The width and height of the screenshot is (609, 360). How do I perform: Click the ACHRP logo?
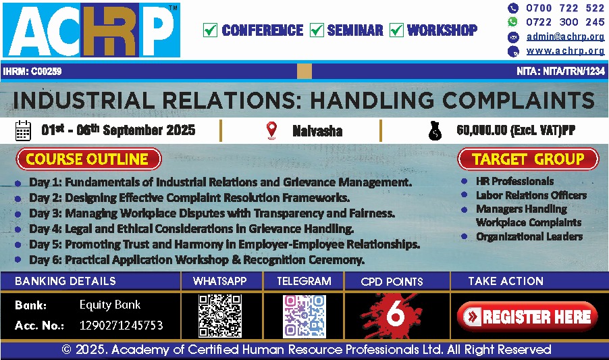tap(91, 30)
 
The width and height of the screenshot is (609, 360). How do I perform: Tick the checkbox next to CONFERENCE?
tap(210, 30)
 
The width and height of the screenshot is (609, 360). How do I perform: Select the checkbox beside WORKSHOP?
tap(396, 30)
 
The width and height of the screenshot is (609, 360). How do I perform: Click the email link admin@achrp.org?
tap(565, 36)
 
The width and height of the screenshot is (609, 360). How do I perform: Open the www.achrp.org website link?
tap(565, 51)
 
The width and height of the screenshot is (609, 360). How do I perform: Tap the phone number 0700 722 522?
tap(565, 8)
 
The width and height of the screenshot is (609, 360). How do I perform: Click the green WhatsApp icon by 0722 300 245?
tap(513, 22)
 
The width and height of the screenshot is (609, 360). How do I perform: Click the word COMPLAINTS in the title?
tap(519, 100)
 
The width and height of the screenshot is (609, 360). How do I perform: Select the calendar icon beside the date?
tap(23, 130)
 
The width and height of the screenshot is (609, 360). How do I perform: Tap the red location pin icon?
tap(271, 130)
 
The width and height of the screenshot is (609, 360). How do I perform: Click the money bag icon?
tap(435, 131)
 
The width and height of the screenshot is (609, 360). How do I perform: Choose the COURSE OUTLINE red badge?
tap(88, 159)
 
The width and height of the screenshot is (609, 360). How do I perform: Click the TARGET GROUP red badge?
tap(528, 159)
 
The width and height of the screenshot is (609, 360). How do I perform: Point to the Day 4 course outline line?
tap(192, 229)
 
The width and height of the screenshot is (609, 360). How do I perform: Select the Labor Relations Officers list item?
tap(531, 195)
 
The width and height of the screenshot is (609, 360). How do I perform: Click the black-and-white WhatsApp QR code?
tap(220, 315)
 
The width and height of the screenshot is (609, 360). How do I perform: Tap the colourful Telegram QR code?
tap(304, 316)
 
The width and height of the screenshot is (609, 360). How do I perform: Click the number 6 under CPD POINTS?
tap(396, 314)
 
